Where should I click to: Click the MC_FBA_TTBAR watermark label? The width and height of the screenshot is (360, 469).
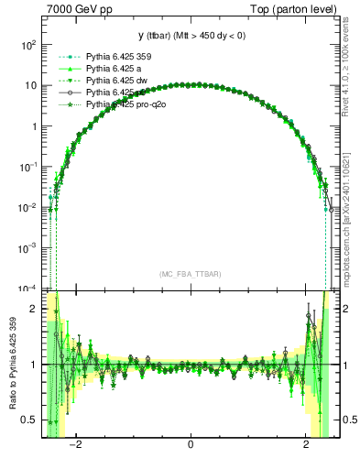[x=190, y=274]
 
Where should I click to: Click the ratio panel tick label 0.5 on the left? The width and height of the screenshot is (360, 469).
[x=29, y=420]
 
